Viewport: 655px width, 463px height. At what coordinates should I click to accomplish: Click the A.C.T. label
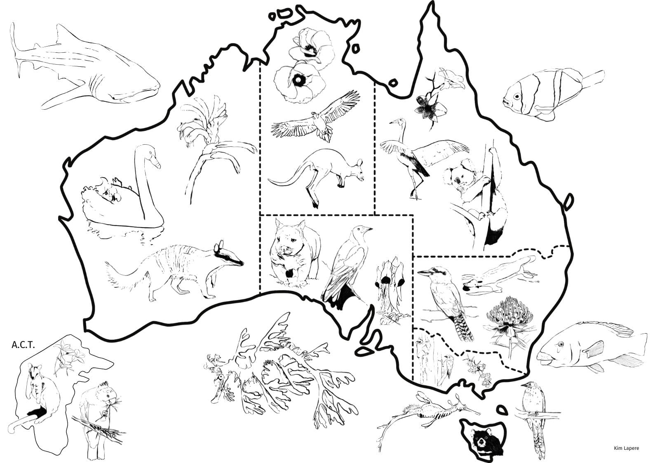[23, 345]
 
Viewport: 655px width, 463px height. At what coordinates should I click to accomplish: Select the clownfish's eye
[517, 96]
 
